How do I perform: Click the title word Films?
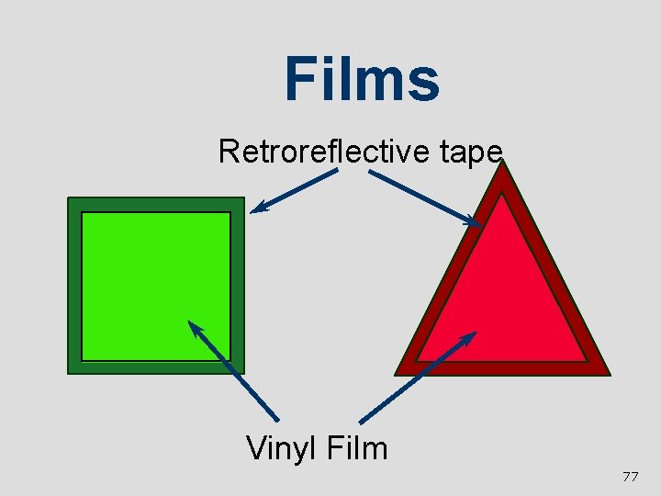click(362, 79)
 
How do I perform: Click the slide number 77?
click(630, 477)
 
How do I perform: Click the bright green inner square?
click(155, 286)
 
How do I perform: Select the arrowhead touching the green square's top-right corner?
click(258, 208)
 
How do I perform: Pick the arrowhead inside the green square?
click(194, 326)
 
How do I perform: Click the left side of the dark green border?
click(74, 286)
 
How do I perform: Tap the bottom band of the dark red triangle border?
click(502, 368)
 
